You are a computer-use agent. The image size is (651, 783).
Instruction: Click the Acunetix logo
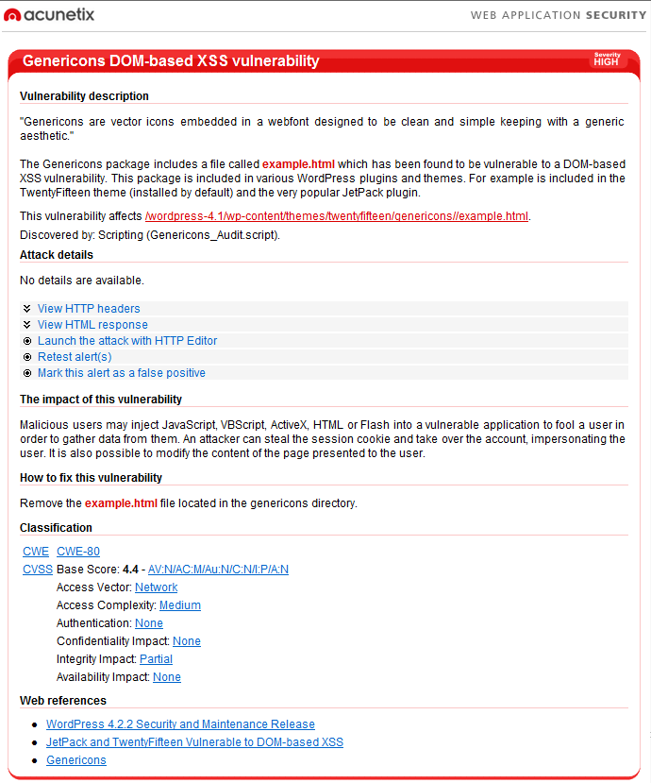[x=49, y=14]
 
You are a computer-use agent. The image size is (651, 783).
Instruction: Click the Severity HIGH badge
[x=607, y=60]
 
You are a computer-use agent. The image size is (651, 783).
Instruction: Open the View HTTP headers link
[x=89, y=309]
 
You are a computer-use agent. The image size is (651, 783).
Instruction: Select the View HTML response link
[x=92, y=325]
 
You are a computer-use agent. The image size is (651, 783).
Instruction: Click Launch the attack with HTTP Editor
[x=127, y=341]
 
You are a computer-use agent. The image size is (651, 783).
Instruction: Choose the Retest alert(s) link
[x=75, y=357]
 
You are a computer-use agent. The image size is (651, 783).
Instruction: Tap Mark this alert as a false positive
[x=122, y=373]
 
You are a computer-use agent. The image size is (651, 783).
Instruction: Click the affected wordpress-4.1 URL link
[x=337, y=216]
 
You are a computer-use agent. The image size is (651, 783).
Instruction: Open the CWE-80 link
[x=78, y=552]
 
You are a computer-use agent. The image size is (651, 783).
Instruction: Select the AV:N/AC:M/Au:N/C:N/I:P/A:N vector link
[x=218, y=570]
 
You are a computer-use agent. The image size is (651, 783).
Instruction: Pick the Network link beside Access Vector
[x=156, y=587]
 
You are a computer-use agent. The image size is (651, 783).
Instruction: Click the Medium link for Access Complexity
[x=179, y=605]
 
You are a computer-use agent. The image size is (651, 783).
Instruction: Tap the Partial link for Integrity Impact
[x=156, y=659]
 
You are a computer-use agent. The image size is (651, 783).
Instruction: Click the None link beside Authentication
[x=148, y=623]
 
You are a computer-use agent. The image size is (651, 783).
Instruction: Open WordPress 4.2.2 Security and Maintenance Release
[x=180, y=724]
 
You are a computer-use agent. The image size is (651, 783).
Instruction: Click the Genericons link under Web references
[x=76, y=760]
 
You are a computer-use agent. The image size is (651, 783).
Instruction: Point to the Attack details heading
[x=57, y=255]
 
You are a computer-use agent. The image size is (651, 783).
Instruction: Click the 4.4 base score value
[x=130, y=570]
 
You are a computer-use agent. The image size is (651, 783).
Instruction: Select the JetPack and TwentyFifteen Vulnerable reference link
[x=194, y=742]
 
